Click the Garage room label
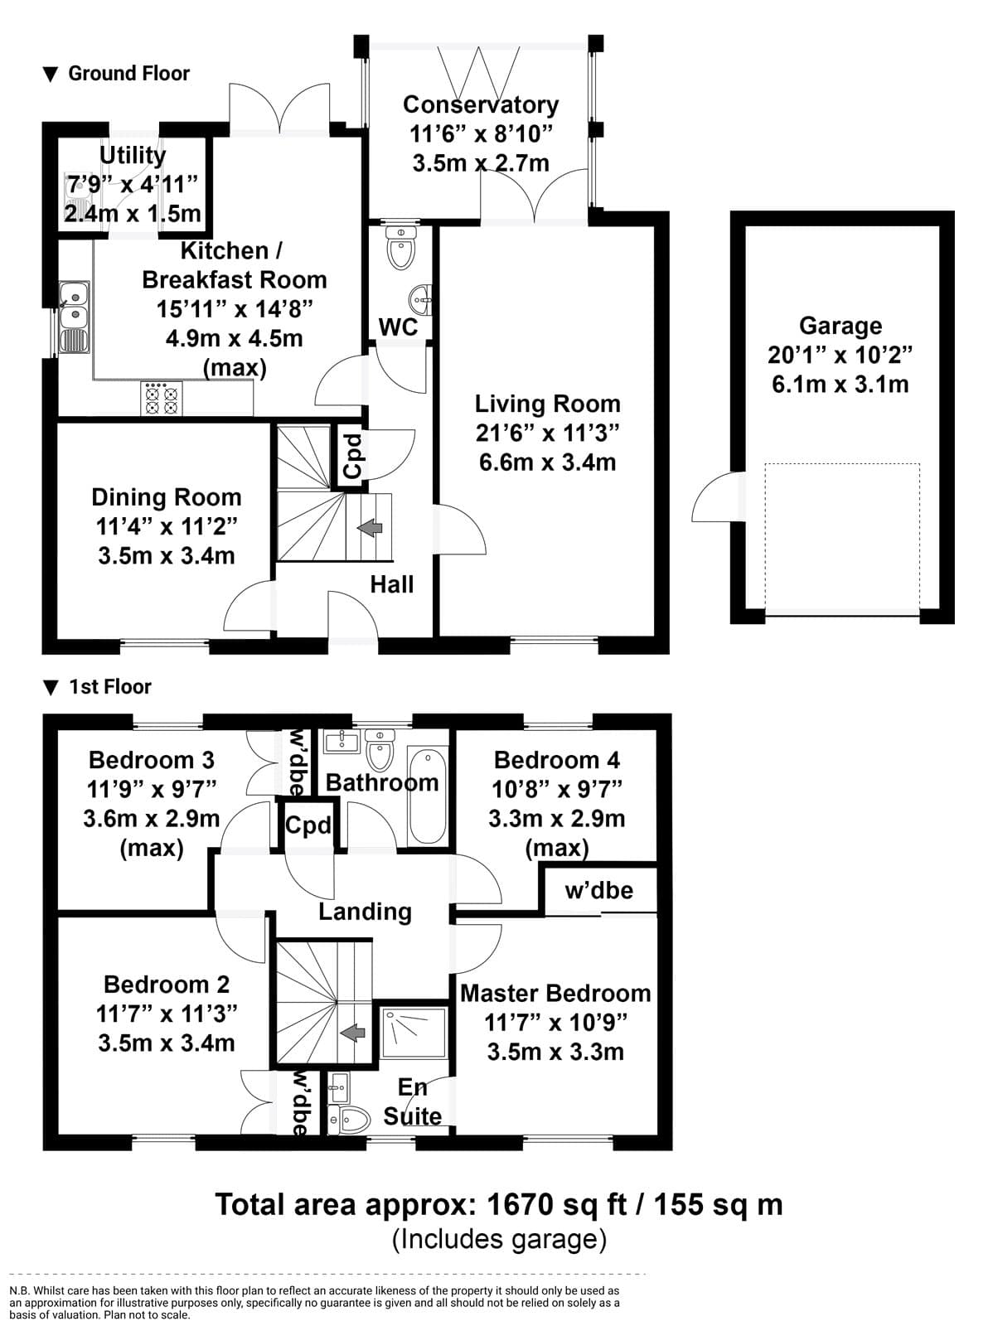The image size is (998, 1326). click(x=841, y=326)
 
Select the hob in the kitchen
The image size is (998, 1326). click(x=162, y=398)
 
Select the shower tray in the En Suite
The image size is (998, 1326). click(x=414, y=1033)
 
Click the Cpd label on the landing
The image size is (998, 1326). click(x=308, y=825)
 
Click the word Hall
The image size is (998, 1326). click(x=392, y=585)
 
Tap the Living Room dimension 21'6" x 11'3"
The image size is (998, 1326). click(x=547, y=433)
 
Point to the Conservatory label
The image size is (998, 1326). click(x=481, y=104)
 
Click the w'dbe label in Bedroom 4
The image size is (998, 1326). click(x=599, y=890)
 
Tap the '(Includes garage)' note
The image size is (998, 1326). click(x=499, y=1240)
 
